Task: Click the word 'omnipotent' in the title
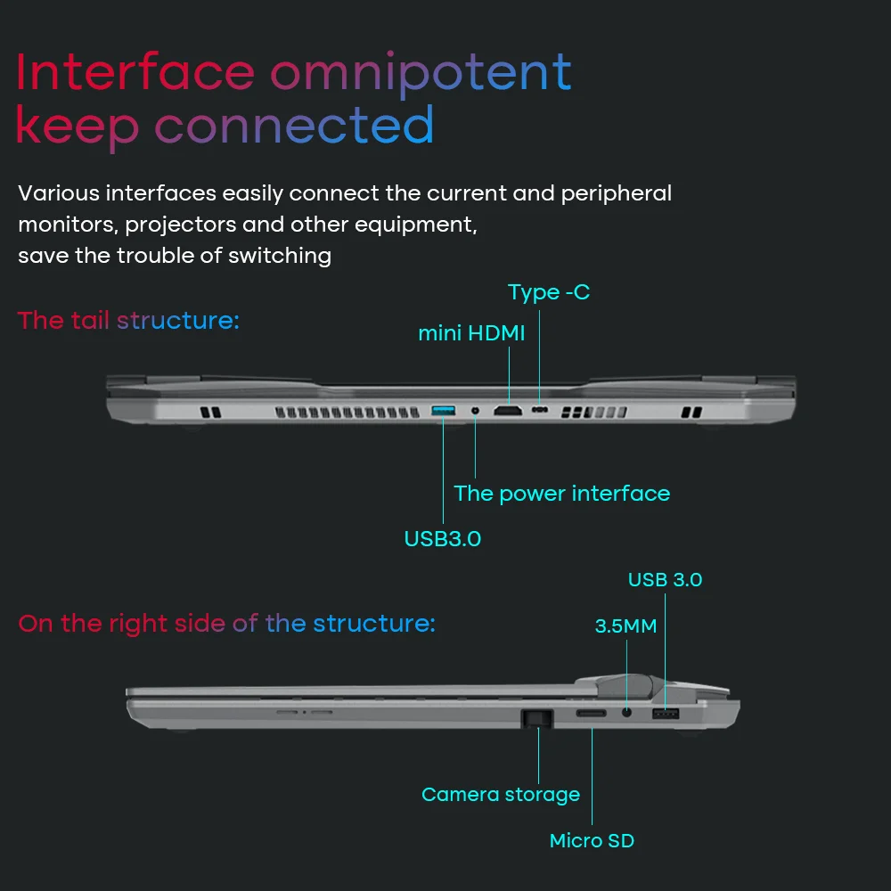[x=421, y=73]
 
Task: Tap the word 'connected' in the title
[x=295, y=127]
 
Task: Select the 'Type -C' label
[x=549, y=292]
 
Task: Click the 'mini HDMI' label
[x=471, y=334]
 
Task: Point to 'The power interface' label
[x=561, y=494]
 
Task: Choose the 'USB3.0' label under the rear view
[x=443, y=539]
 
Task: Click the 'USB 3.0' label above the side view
[x=665, y=580]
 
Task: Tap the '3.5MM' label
[x=625, y=626]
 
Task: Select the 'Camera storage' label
[x=500, y=795]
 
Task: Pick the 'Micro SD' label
[x=592, y=840]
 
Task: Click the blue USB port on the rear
[x=443, y=410]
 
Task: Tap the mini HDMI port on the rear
[x=509, y=411]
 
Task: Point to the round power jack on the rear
[x=475, y=411]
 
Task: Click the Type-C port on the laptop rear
[x=540, y=411]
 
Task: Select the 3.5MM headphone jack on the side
[x=627, y=712]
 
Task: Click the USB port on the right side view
[x=665, y=714]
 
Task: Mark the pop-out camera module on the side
[x=536, y=717]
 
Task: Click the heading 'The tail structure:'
[x=128, y=321]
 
